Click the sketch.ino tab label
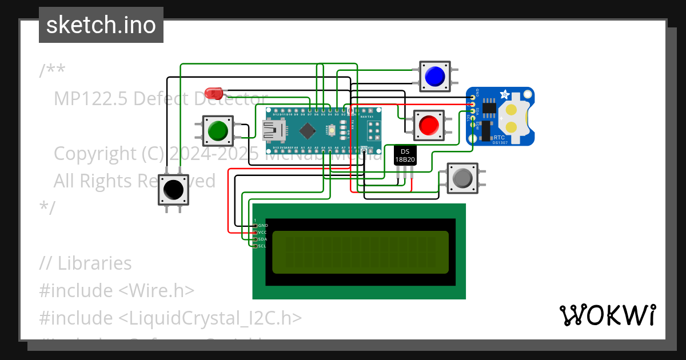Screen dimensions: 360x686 click(x=101, y=25)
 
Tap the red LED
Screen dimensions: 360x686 click(x=213, y=92)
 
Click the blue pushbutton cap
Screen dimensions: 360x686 click(x=435, y=76)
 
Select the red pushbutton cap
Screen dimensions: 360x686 click(x=429, y=125)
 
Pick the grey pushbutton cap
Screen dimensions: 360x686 click(x=462, y=178)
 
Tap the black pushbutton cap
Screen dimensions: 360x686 click(x=173, y=189)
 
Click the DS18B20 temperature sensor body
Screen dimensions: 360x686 click(x=405, y=155)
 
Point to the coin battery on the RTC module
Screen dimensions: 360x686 click(x=514, y=118)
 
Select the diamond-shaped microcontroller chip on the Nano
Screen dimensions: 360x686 click(x=307, y=130)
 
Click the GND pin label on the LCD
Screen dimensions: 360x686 click(x=263, y=226)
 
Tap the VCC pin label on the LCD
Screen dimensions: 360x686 click(x=263, y=233)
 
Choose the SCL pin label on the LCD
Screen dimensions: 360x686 click(x=262, y=246)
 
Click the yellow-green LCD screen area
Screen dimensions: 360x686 click(x=360, y=252)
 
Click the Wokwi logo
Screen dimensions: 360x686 click(x=607, y=315)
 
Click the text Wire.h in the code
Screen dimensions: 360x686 click(x=157, y=290)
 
